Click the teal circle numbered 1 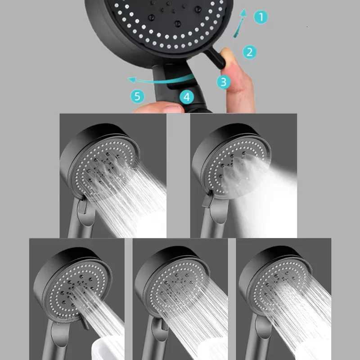point(260,18)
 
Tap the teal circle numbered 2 point(250,52)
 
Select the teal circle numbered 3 point(224,81)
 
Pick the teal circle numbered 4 point(187,97)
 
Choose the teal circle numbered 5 point(138,96)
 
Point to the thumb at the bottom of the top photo point(157,107)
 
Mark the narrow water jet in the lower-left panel point(101,310)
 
